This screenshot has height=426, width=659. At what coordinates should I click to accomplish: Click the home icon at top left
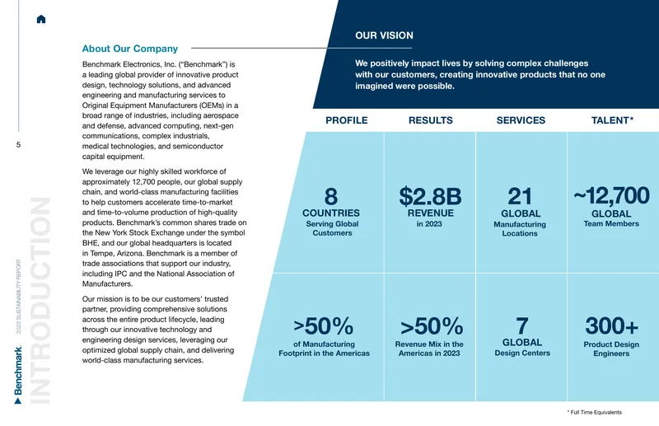click(x=41, y=19)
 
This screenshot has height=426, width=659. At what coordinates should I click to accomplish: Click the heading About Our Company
click(x=130, y=49)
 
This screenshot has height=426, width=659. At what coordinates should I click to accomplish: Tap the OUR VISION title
click(x=384, y=35)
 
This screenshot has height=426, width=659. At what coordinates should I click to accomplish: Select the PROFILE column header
click(x=346, y=120)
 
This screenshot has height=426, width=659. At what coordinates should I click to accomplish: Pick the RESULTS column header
click(x=430, y=120)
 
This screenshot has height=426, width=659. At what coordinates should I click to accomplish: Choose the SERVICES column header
click(x=521, y=120)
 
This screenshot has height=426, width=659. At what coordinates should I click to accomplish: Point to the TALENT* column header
click(x=612, y=120)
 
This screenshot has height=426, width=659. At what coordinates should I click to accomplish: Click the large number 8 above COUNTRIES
click(x=331, y=196)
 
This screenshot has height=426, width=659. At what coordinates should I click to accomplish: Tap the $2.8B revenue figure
click(x=430, y=196)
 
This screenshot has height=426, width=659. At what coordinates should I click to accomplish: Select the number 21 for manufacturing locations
click(x=520, y=196)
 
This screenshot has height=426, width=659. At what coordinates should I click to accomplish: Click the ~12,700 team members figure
click(x=611, y=195)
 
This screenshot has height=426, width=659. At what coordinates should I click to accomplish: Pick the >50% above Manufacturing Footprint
click(x=323, y=326)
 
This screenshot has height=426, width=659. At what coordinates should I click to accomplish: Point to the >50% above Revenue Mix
click(x=432, y=326)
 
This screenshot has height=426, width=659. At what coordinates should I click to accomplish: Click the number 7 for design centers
click(x=522, y=326)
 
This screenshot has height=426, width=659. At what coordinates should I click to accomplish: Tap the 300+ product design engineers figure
click(x=611, y=326)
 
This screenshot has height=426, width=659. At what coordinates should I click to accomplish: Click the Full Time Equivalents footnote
click(x=594, y=413)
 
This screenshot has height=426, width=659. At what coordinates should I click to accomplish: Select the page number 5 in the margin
click(x=18, y=145)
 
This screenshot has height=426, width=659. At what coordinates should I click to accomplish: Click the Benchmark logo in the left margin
click(x=18, y=375)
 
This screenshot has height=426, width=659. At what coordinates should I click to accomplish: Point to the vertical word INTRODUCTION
click(x=40, y=300)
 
